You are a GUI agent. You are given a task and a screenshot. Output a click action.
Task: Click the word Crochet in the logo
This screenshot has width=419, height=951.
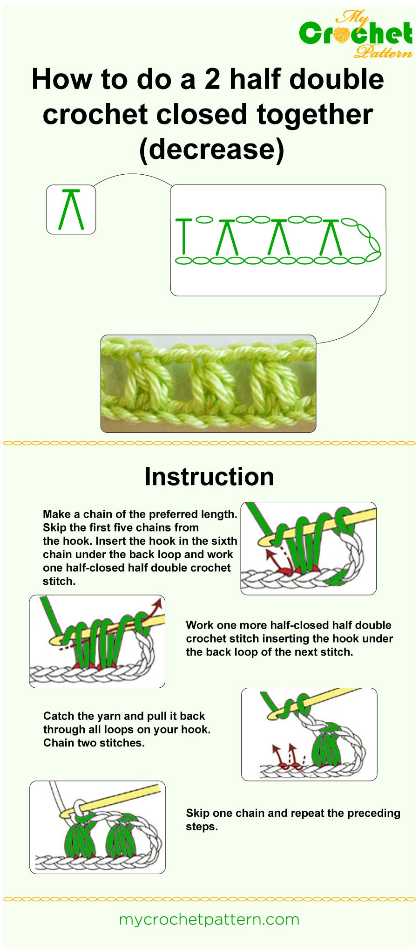[356, 34]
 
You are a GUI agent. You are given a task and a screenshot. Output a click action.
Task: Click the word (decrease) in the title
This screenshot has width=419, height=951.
[211, 149]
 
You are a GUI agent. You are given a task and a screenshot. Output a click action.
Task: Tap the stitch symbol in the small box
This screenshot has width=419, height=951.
[71, 209]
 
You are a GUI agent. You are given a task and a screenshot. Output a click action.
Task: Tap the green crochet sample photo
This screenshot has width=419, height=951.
[208, 383]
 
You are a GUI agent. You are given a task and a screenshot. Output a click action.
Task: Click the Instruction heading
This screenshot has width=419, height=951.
[209, 476]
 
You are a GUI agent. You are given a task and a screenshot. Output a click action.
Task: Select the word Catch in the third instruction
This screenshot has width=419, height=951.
[59, 716]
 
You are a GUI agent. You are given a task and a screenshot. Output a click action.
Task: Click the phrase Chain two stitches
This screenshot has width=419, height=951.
[94, 743]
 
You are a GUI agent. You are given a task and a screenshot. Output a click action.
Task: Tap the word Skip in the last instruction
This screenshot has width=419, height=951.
[197, 813]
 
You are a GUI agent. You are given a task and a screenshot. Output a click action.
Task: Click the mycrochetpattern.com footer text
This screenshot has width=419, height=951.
[209, 919]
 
